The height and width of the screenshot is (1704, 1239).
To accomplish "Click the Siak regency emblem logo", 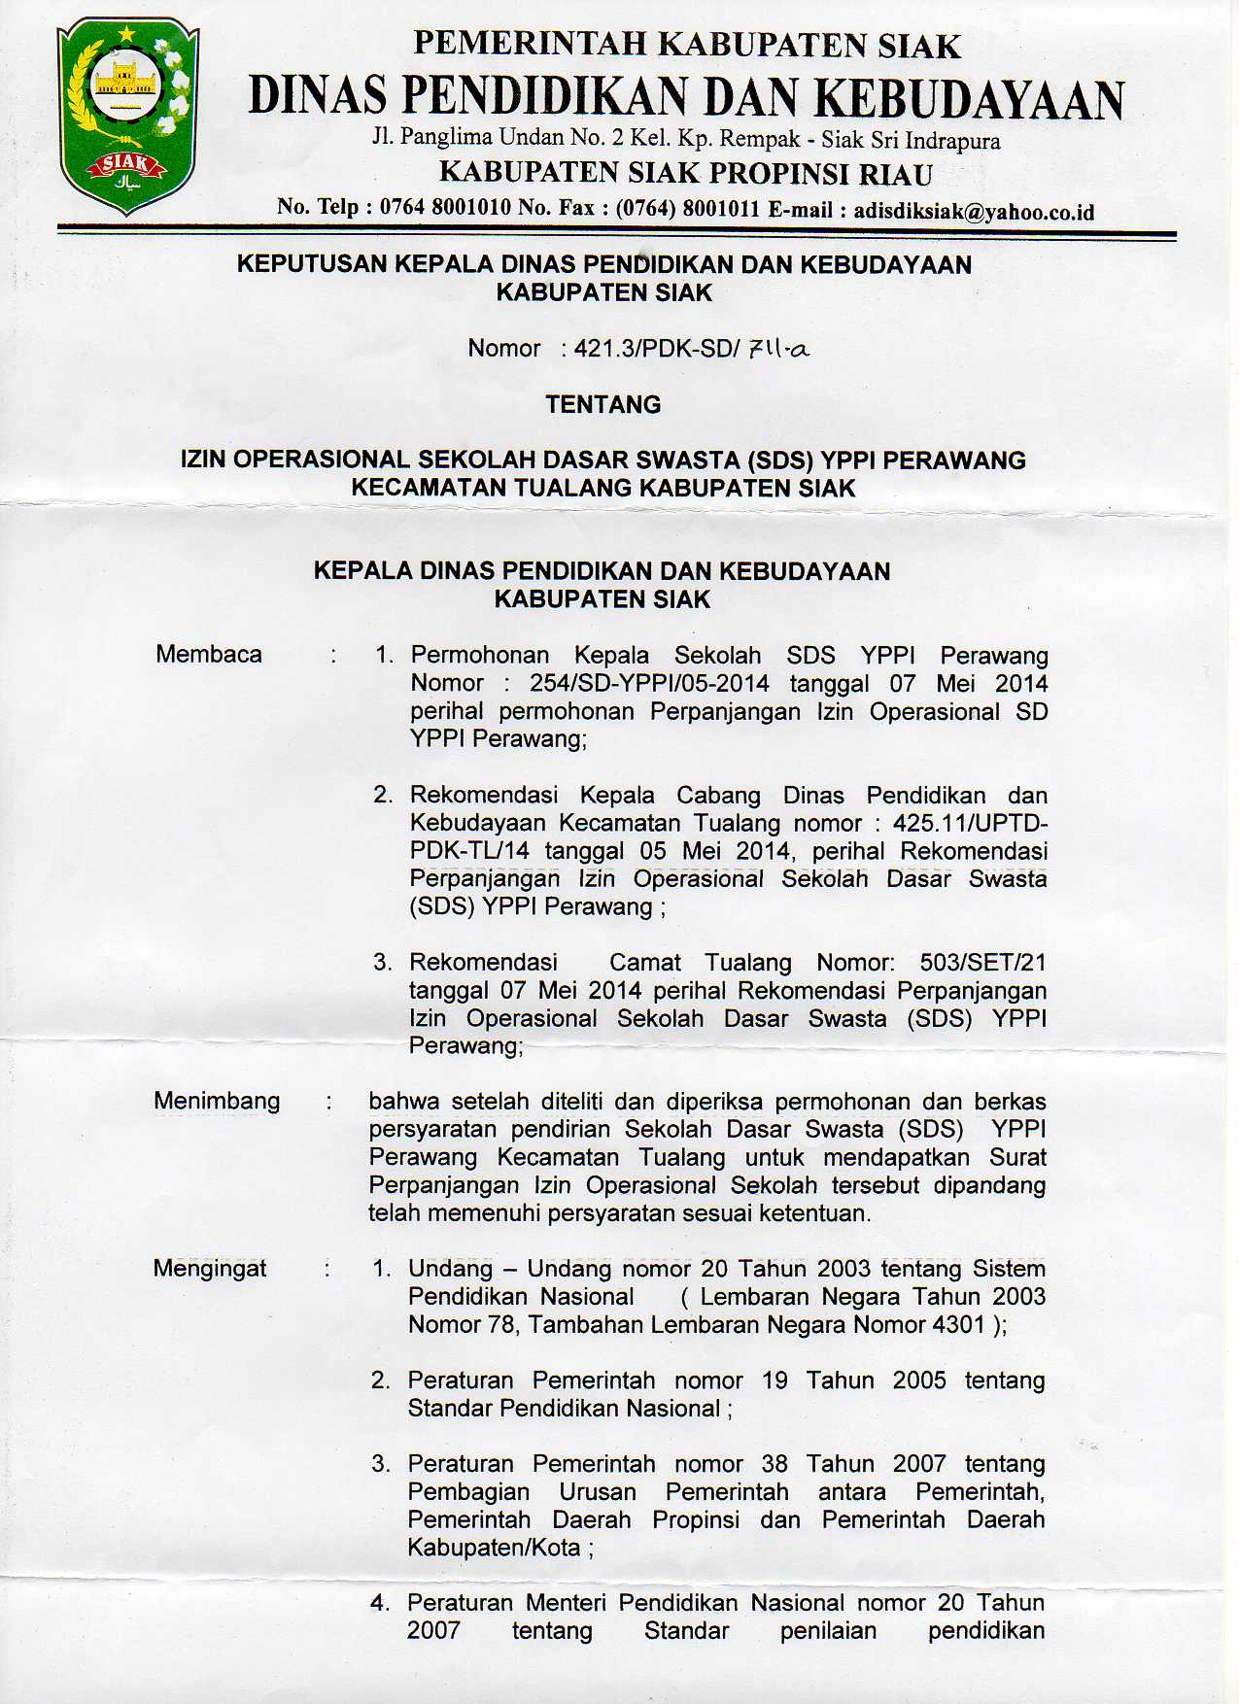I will click(x=127, y=117).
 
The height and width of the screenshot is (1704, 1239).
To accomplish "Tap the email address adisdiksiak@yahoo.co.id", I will click(x=974, y=211).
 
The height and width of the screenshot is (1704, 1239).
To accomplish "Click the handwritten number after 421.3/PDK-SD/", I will click(x=777, y=348).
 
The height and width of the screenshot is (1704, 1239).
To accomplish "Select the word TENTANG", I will click(x=602, y=404).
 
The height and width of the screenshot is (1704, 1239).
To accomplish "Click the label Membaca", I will click(x=208, y=654).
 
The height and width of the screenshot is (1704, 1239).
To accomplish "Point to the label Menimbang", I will click(x=217, y=1101).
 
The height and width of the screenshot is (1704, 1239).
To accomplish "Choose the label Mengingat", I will click(x=210, y=1268).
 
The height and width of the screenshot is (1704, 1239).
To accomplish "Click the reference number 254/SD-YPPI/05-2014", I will click(x=649, y=683).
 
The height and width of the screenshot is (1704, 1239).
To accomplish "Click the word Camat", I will click(x=645, y=962).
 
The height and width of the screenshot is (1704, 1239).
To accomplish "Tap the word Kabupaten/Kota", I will click(x=494, y=1547).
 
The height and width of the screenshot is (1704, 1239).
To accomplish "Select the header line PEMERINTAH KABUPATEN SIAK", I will click(x=686, y=45).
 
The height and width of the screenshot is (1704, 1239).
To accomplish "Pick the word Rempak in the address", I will click(x=761, y=139).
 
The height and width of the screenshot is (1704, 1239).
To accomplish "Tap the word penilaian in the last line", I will click(x=828, y=1630).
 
